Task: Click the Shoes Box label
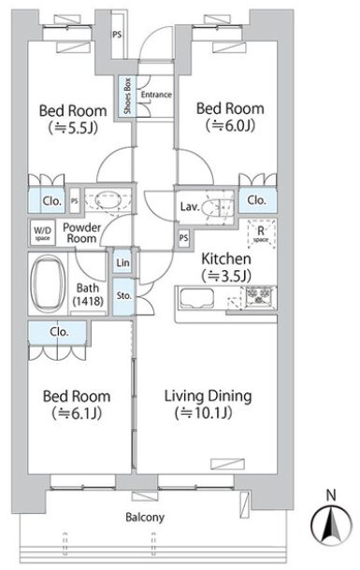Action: (x=127, y=96)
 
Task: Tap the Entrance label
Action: (x=156, y=94)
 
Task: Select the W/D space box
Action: (x=43, y=233)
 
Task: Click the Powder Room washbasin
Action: (x=108, y=200)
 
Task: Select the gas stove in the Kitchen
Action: (x=260, y=295)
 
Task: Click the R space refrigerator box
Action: (x=261, y=234)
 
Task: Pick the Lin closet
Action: (x=122, y=262)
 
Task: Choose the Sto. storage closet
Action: (x=123, y=296)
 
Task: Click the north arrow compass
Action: (x=331, y=523)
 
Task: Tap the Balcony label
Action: (x=145, y=517)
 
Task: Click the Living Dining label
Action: (x=208, y=396)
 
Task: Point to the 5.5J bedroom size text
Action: (x=73, y=128)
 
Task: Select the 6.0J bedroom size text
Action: (x=230, y=125)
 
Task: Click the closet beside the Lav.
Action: (x=257, y=200)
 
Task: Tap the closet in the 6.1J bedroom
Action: (x=57, y=333)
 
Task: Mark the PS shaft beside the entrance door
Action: (x=117, y=35)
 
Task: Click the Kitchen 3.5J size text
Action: (x=226, y=276)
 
